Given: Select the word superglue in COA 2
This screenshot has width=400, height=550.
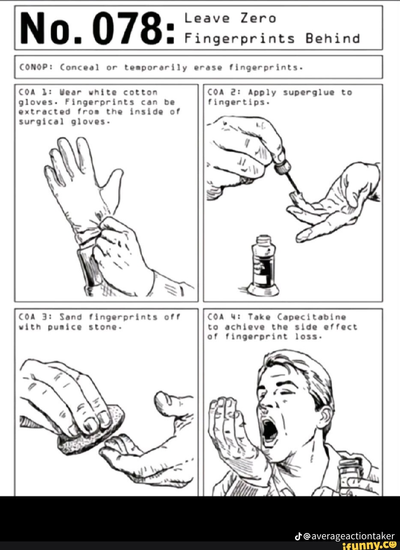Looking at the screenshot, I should click(x=307, y=93).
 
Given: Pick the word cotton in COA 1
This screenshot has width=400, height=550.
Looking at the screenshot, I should click(x=140, y=92).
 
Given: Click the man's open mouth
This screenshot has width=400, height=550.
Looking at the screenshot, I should click(x=269, y=429).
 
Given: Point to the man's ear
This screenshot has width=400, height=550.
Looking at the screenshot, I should click(x=325, y=417).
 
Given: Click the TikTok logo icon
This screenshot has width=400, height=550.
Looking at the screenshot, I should click(x=299, y=536).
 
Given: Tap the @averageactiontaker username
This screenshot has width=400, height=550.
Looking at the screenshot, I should click(x=349, y=536).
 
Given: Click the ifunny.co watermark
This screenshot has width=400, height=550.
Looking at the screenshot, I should click(x=369, y=545).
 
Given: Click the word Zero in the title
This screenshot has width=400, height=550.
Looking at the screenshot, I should click(x=258, y=18).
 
